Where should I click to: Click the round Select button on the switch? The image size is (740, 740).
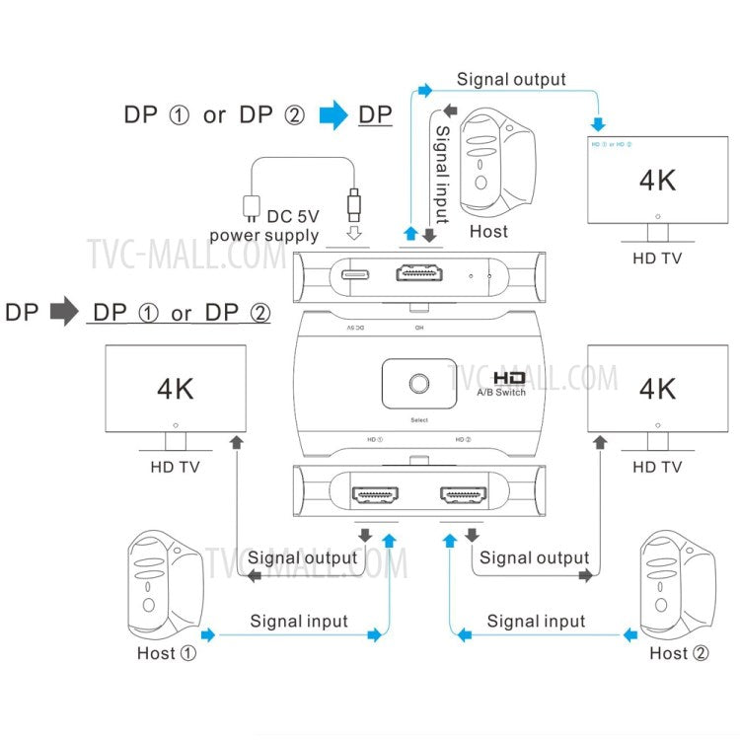418,384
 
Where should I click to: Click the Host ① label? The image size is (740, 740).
168,653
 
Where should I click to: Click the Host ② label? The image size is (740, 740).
678,653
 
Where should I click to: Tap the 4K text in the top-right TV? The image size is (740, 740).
657,181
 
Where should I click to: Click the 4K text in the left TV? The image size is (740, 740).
176,388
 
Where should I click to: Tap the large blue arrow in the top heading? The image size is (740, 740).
333,115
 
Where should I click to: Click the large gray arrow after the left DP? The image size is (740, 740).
63,313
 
